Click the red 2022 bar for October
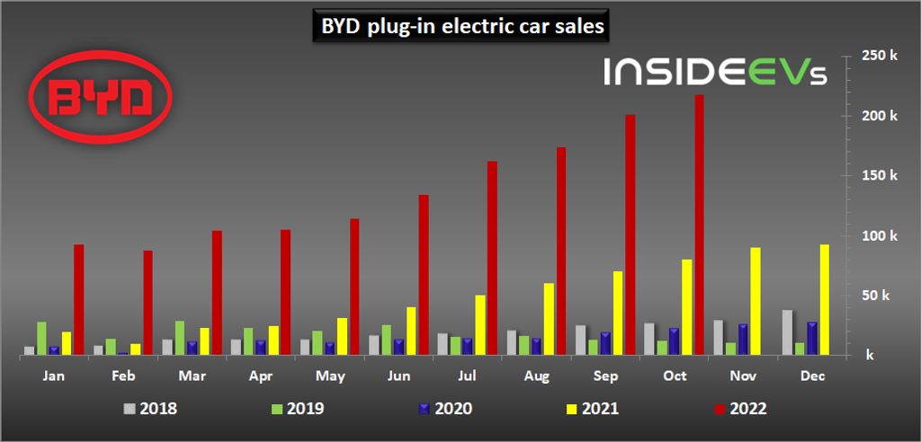(699, 225)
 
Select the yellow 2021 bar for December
(824, 300)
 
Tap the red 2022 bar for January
(78, 300)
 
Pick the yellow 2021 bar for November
(756, 302)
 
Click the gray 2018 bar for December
(787, 333)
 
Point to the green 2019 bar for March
(180, 339)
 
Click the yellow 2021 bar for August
(549, 320)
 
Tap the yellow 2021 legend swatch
(568, 409)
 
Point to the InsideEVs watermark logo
(715, 72)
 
